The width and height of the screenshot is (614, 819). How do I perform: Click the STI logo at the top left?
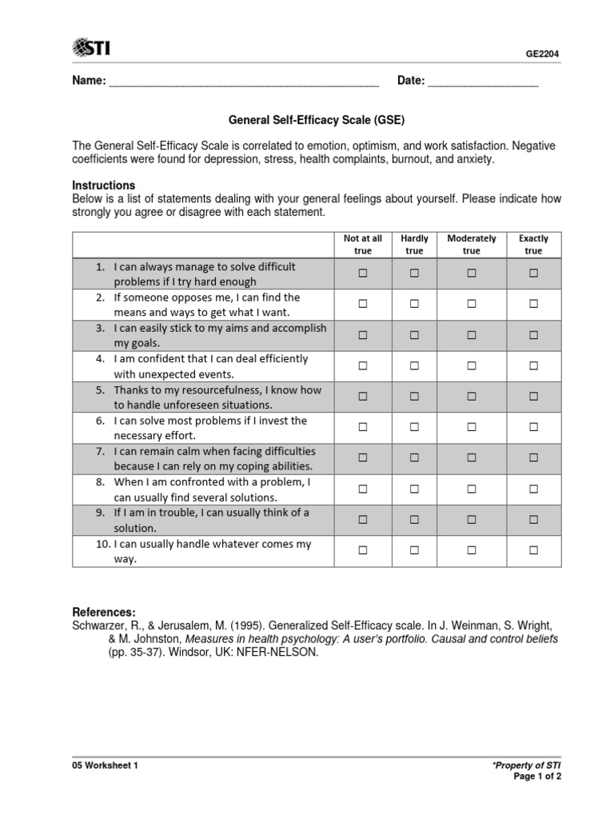pyautogui.click(x=91, y=48)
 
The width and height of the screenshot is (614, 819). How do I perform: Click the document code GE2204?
pyautogui.click(x=542, y=54)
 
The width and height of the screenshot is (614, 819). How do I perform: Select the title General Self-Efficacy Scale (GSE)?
pyautogui.click(x=317, y=121)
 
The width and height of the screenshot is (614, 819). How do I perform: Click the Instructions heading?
pyautogui.click(x=103, y=185)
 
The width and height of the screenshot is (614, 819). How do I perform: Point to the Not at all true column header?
pyautogui.click(x=363, y=245)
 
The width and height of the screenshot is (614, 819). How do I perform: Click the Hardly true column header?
pyautogui.click(x=414, y=245)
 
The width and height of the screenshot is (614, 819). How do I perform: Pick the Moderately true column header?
pyautogui.click(x=472, y=245)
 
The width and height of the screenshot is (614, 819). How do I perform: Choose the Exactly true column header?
pyautogui.click(x=533, y=245)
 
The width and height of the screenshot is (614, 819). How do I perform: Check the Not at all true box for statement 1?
pyautogui.click(x=363, y=274)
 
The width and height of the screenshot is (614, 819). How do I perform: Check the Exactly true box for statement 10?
pyautogui.click(x=533, y=550)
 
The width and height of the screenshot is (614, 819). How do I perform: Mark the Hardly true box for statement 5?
pyautogui.click(x=414, y=397)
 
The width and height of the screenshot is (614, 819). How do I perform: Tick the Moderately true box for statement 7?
pyautogui.click(x=472, y=458)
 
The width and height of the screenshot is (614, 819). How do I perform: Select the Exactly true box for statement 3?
pyautogui.click(x=533, y=335)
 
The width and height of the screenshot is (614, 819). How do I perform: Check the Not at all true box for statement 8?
pyautogui.click(x=363, y=489)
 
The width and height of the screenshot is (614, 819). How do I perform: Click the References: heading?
pyautogui.click(x=104, y=612)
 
